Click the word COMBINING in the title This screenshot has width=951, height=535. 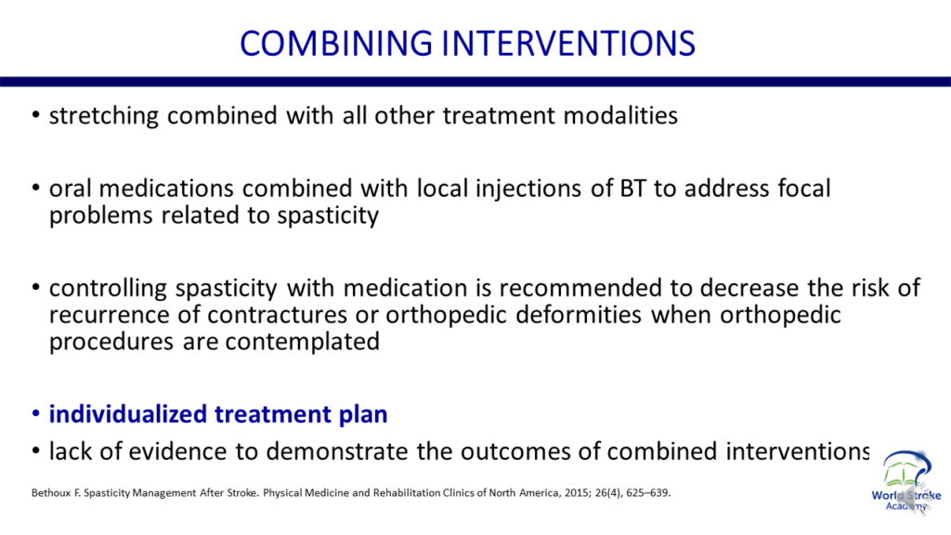pos(336,44)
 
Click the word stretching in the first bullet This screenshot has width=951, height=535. pos(104,116)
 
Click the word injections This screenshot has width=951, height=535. pos(528,189)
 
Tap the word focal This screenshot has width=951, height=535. pos(804,188)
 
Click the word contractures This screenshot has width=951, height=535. pos(277,315)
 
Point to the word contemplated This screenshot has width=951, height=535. pos(302,342)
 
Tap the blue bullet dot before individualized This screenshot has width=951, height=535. pos(36,413)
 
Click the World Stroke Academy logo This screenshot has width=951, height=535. pos(905,481)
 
